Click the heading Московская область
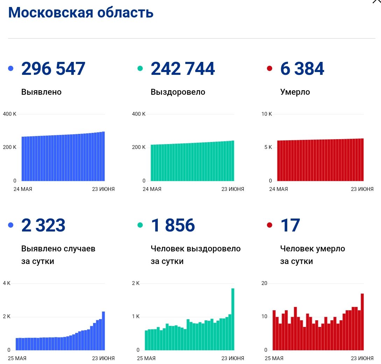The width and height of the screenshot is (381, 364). (80, 13)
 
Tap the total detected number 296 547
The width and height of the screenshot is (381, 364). (53, 69)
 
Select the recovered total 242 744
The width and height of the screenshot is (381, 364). (183, 69)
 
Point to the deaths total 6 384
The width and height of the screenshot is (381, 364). (302, 69)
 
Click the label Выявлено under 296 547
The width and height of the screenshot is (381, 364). (41, 92)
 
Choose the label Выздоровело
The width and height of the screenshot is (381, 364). (178, 92)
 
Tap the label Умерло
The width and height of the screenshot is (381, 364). (295, 92)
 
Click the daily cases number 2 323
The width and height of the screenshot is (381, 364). (43, 225)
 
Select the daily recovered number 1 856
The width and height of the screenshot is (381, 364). (173, 225)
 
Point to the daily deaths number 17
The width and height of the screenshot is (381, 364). (290, 225)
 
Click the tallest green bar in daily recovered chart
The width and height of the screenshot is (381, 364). (233, 319)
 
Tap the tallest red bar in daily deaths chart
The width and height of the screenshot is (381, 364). (362, 322)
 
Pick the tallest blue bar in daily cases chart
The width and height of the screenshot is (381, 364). (103, 330)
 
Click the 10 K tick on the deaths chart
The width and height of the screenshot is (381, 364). (267, 114)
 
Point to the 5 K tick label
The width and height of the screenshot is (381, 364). (268, 147)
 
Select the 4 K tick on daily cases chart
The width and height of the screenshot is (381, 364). (7, 283)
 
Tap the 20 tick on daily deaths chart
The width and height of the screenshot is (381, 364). (264, 283)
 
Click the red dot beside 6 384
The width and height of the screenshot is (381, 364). (269, 69)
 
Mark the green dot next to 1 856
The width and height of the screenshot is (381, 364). (140, 225)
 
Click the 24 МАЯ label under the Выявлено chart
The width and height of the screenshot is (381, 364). (23, 189)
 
